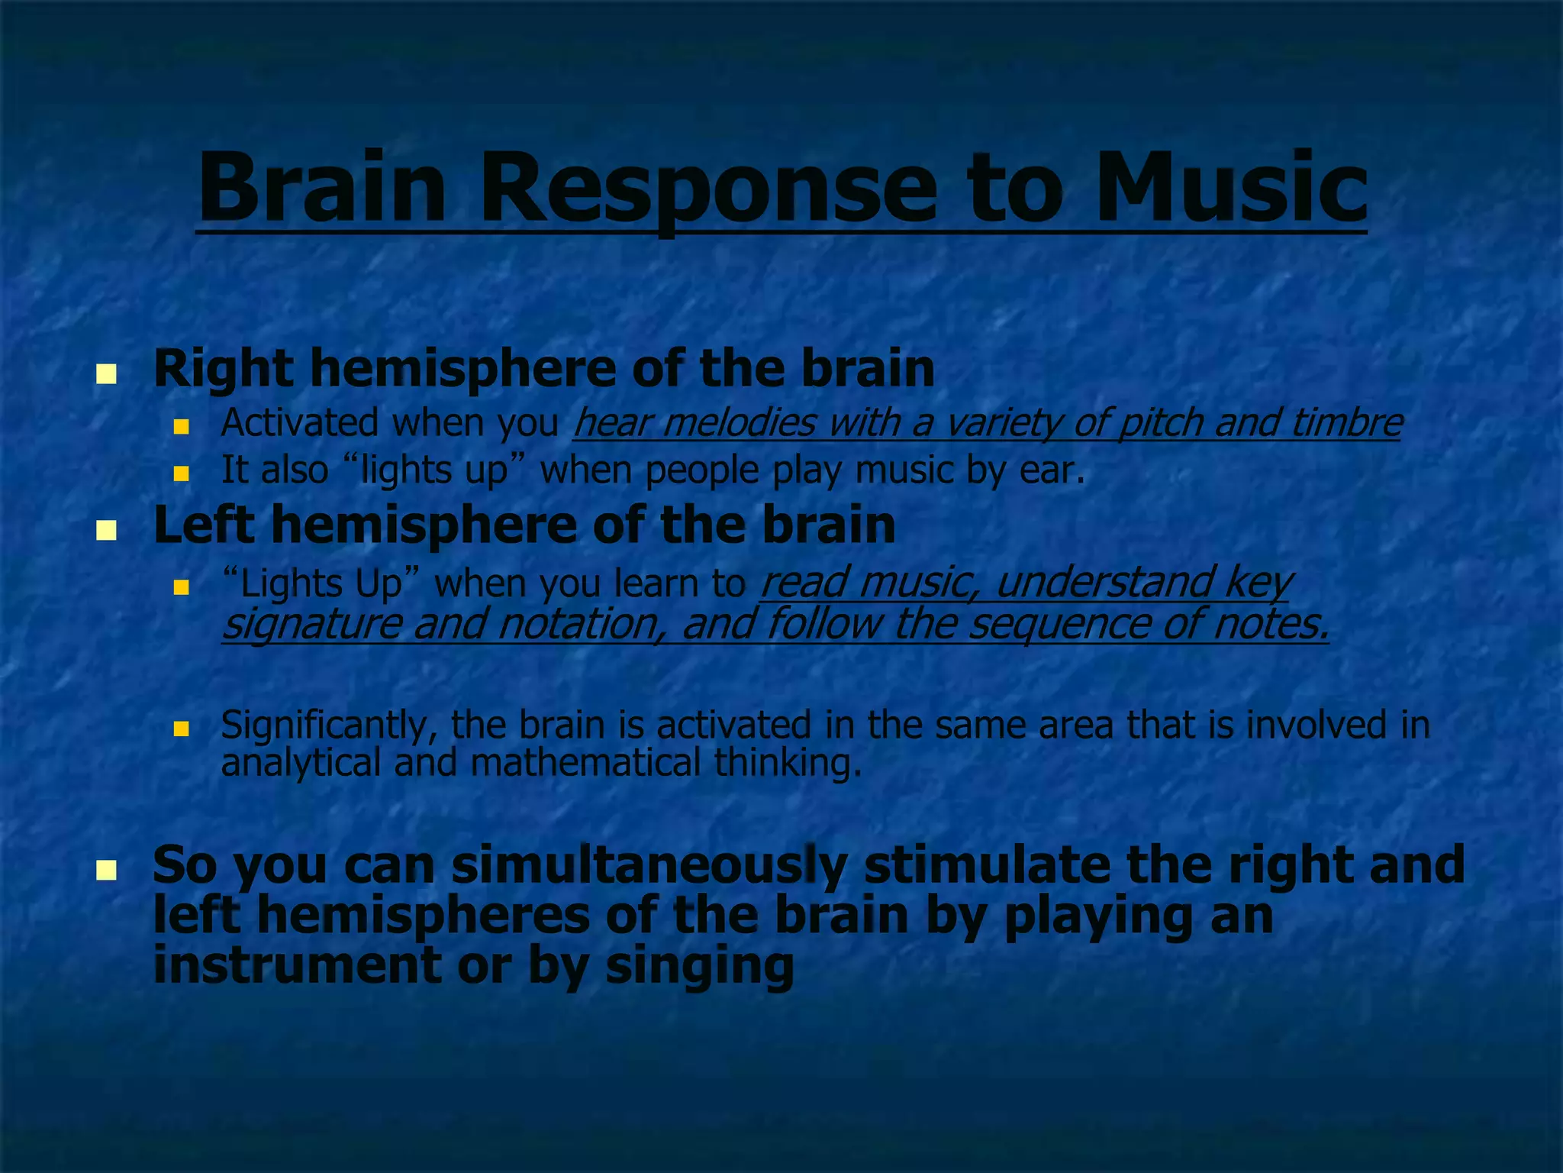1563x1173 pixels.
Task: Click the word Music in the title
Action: (x=1230, y=187)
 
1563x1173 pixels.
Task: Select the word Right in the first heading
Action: (x=223, y=369)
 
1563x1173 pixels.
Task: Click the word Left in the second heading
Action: (x=203, y=525)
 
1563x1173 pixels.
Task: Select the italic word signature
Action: (x=311, y=623)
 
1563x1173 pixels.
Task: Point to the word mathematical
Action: (x=585, y=762)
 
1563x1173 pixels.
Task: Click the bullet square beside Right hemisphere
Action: (x=106, y=374)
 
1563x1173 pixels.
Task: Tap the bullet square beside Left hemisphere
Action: (x=106, y=530)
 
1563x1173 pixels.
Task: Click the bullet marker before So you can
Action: (x=106, y=870)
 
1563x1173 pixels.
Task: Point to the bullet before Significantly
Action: (x=181, y=729)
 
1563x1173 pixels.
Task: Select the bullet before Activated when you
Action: (x=181, y=426)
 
